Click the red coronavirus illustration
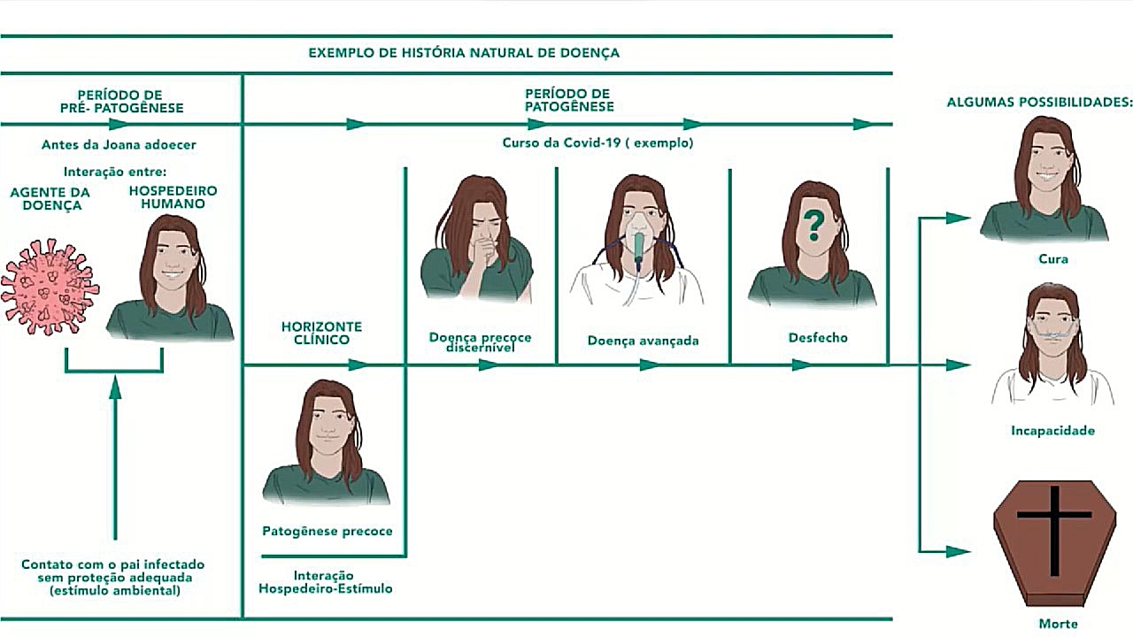[x=50, y=288]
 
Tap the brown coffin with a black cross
[x=1053, y=541]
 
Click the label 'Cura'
[x=1053, y=259]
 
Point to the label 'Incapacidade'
[x=1053, y=431]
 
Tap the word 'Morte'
[x=1059, y=624]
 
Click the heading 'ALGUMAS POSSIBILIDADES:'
[x=1039, y=103]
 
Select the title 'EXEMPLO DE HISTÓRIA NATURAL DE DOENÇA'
[x=464, y=53]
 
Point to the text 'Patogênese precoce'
[x=328, y=532]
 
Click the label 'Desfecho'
[x=818, y=338]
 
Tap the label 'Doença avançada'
[x=643, y=341]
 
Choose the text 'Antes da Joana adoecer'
[x=119, y=144]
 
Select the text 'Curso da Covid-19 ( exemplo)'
[x=597, y=142]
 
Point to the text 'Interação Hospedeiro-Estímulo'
[x=325, y=582]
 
